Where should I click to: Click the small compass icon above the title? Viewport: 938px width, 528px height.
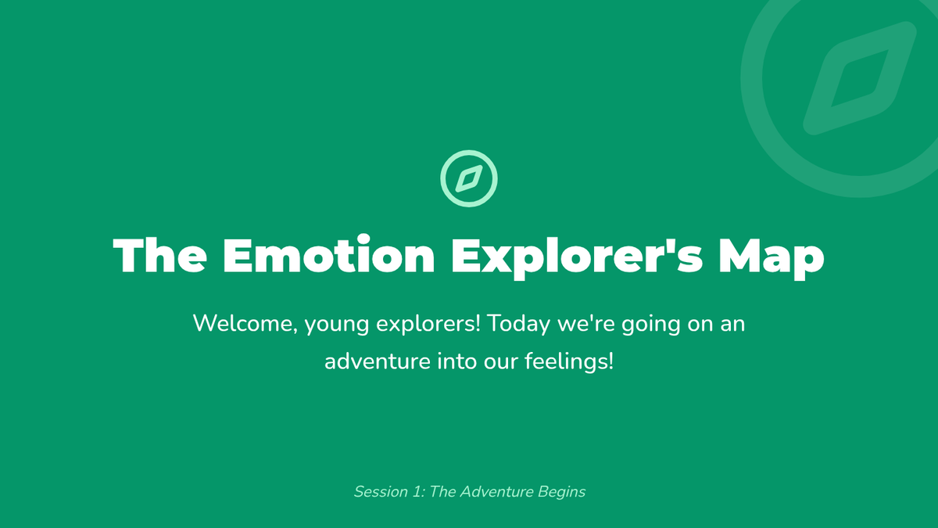pos(469,153)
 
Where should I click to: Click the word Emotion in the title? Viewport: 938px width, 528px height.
pos(329,254)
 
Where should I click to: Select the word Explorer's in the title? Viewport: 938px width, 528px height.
pos(577,257)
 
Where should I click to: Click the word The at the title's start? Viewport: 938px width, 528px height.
pos(159,255)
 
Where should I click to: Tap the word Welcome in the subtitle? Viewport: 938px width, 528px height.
pos(245,324)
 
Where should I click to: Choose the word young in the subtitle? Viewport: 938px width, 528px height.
pos(336,325)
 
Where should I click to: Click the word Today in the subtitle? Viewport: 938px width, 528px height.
pos(519,325)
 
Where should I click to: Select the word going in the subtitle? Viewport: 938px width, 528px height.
pos(650,325)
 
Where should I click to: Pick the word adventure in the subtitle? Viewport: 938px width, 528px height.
pos(378,361)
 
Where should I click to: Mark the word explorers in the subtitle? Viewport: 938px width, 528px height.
pos(428,325)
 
